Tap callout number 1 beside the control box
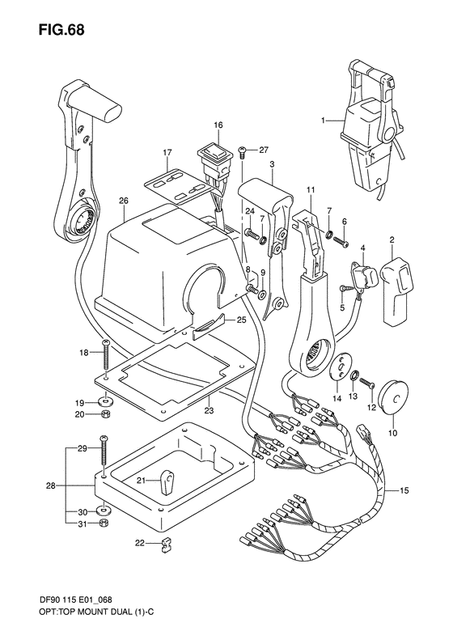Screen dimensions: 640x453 coord(324,121)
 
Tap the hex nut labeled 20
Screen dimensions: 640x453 coord(106,415)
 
